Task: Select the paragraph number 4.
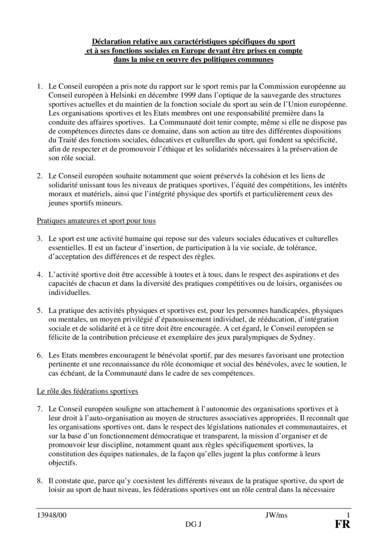[39, 275]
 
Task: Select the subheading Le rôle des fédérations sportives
[87, 392]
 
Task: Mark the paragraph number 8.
[39, 481]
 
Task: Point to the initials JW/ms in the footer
[276, 515]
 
